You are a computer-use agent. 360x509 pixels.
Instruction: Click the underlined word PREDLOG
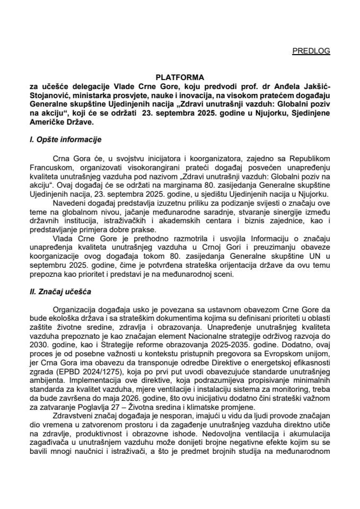click(x=311, y=51)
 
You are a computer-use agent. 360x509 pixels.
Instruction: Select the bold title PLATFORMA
click(x=180, y=77)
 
